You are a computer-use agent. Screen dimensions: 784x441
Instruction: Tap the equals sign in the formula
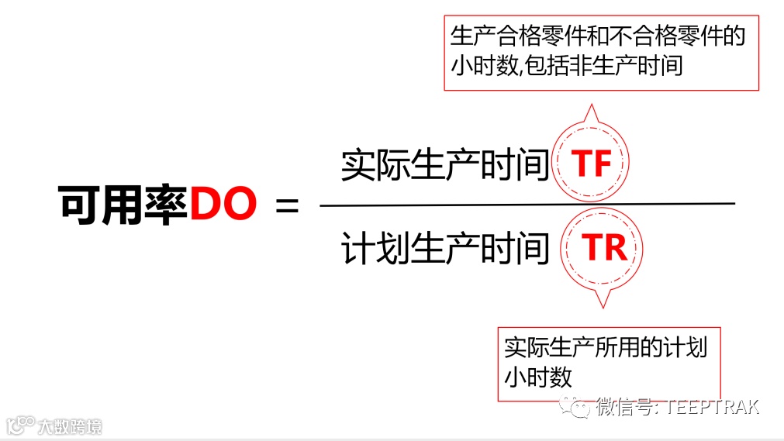click(286, 206)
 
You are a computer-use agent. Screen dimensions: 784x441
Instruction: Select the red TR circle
click(604, 247)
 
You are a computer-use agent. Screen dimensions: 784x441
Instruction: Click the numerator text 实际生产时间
click(445, 164)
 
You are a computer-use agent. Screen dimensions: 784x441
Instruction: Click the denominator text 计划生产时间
click(445, 248)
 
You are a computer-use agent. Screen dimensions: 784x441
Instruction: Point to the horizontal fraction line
click(527, 205)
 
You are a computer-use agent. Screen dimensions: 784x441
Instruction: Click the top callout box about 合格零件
click(601, 52)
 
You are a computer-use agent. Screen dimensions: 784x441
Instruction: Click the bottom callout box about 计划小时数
click(609, 362)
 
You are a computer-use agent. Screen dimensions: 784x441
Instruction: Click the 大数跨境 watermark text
click(71, 425)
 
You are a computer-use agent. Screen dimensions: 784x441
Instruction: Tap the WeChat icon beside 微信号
click(577, 407)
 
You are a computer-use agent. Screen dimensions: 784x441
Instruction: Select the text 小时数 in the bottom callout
click(538, 377)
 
